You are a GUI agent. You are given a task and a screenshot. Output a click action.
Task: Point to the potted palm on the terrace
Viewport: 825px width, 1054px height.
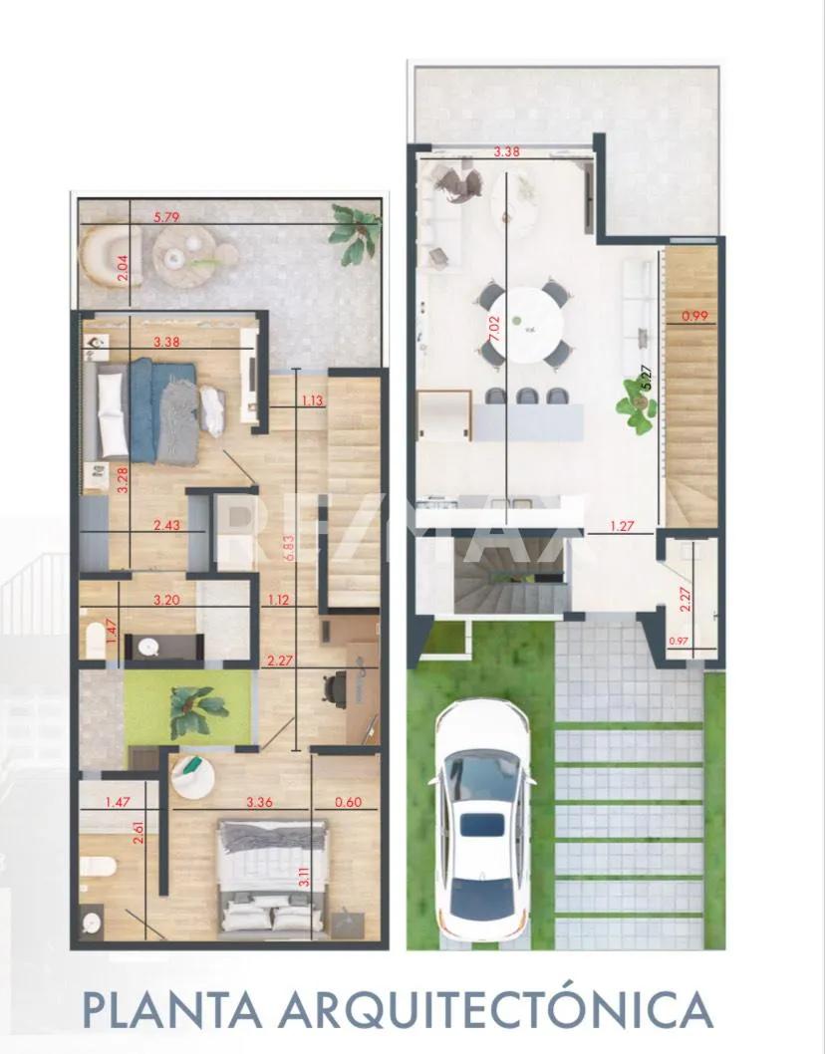pyautogui.click(x=357, y=231)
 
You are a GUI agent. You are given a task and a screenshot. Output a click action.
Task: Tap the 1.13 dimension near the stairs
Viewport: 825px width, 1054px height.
pyautogui.click(x=313, y=401)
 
